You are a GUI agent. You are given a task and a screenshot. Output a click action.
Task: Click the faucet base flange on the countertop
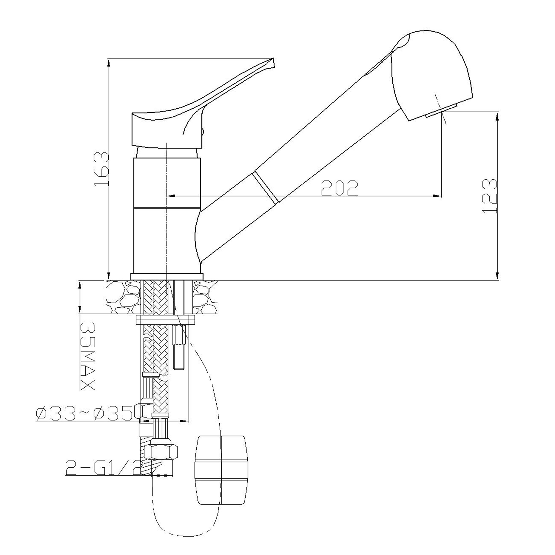click(167, 276)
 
